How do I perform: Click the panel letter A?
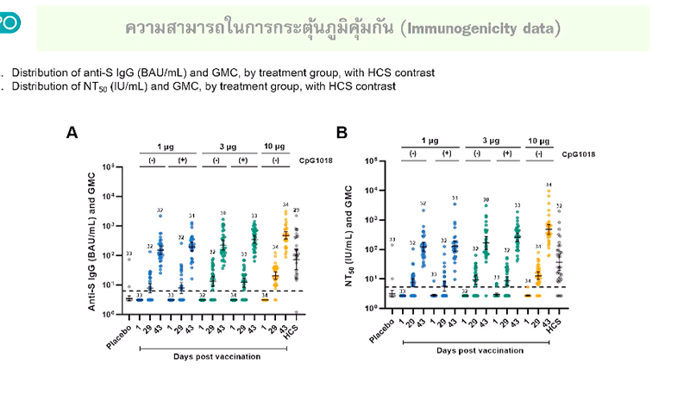pos(73,133)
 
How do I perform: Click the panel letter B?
pos(342,133)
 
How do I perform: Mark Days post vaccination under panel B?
pos(480,350)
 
